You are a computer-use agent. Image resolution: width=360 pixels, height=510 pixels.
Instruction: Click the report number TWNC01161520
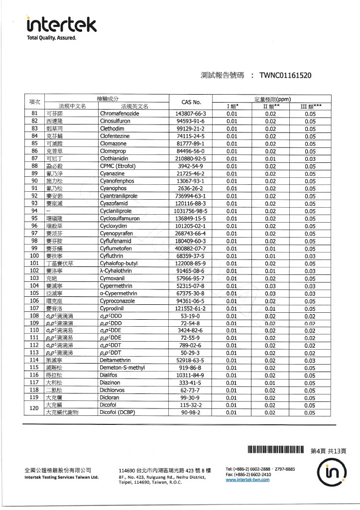[286, 76]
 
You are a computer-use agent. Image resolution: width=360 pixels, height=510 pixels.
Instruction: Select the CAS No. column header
[191, 102]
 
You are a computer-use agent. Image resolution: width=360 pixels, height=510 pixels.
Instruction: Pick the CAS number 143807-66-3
[191, 114]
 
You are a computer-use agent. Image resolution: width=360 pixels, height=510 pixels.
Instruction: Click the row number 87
[35, 158]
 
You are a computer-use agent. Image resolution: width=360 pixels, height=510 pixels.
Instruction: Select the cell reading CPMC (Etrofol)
[118, 166]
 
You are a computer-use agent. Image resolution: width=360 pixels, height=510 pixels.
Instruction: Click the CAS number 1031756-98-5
[191, 211]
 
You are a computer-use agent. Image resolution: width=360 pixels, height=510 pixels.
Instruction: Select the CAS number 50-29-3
[191, 353]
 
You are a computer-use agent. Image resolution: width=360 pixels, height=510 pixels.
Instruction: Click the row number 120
[35, 409]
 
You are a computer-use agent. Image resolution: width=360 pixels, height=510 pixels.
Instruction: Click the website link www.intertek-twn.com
[247, 480]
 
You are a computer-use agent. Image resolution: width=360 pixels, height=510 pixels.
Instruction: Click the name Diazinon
[112, 383]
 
